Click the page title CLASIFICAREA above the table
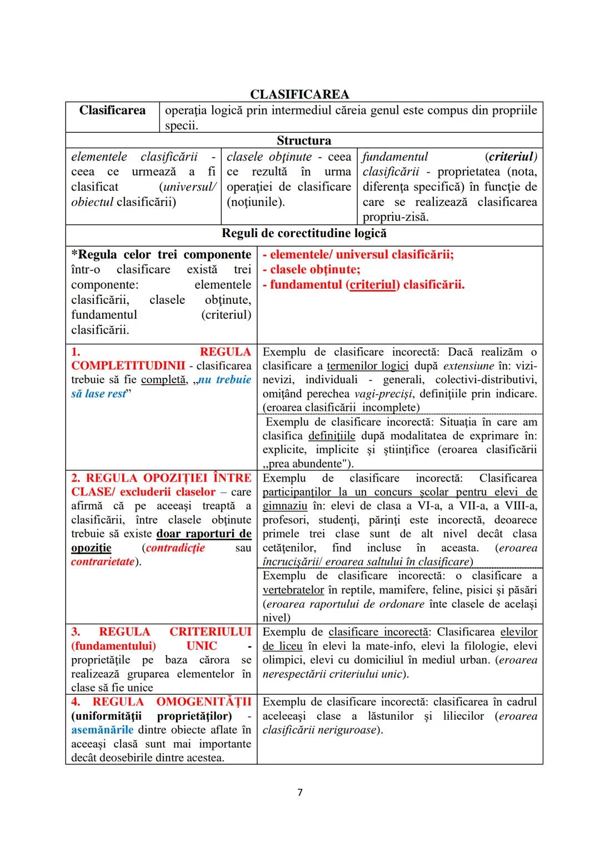coord(299,94)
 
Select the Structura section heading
coord(303,141)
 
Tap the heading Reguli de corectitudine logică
coord(304,233)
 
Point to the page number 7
coord(300,792)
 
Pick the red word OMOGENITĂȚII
coord(203,702)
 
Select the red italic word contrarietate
coord(103,561)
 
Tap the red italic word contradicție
coord(175,548)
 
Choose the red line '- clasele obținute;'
coord(311,270)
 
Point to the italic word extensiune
coord(468,366)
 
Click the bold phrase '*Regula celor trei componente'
coord(161,255)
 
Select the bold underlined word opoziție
coord(91,548)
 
